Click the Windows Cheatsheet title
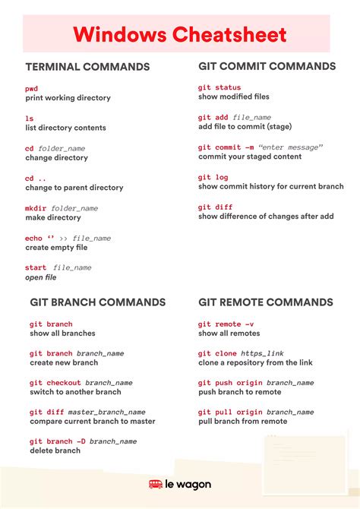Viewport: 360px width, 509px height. [x=180, y=34]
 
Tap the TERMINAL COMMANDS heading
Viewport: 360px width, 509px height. [x=87, y=67]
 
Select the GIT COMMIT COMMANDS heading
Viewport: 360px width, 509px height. [x=267, y=66]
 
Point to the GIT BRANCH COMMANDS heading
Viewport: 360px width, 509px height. [x=97, y=302]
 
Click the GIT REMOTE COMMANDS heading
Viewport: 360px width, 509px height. [x=266, y=302]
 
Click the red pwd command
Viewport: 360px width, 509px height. [x=31, y=89]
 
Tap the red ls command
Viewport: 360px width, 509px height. [x=29, y=119]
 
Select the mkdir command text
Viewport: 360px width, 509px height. [x=36, y=208]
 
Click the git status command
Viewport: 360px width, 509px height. [x=219, y=88]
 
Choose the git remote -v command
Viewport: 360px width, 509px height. [x=226, y=324]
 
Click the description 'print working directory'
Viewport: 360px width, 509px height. [x=68, y=98]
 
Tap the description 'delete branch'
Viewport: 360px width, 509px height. [x=55, y=451]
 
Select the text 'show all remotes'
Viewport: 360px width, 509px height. [x=229, y=334]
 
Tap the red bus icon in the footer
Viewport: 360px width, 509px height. [x=155, y=484]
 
